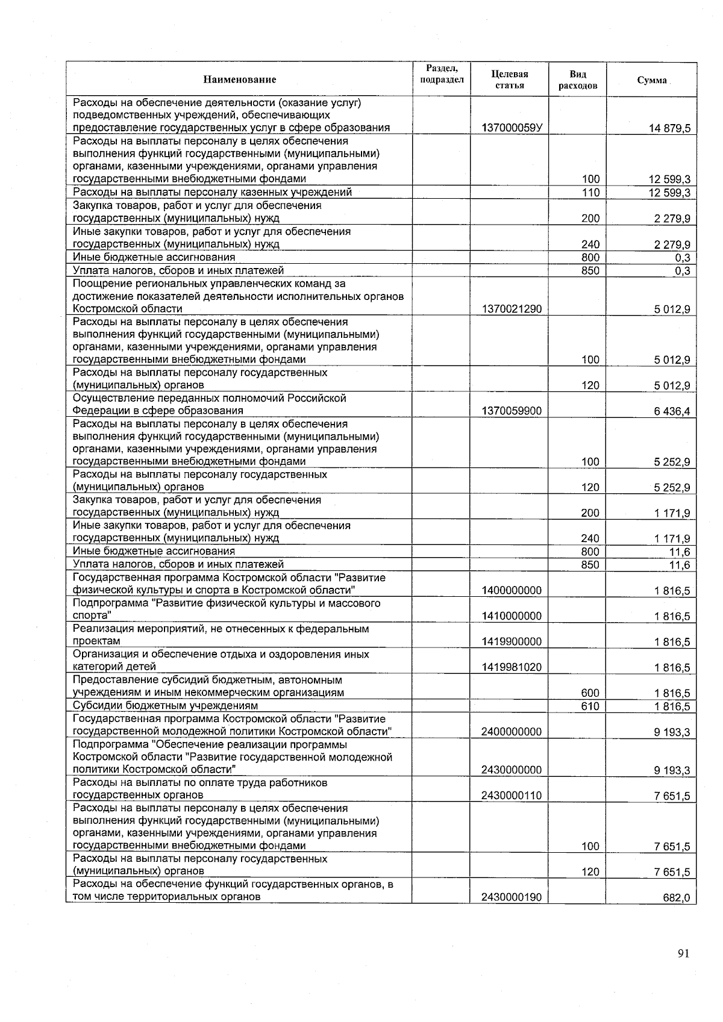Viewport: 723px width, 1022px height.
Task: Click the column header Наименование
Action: pyautogui.click(x=239, y=79)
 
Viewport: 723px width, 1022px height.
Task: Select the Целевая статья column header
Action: pyautogui.click(x=509, y=79)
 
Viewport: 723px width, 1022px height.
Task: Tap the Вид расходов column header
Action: pyautogui.click(x=577, y=79)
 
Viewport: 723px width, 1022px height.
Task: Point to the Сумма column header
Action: pyautogui.click(x=652, y=80)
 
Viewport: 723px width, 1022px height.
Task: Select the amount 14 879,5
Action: pyautogui.click(x=669, y=128)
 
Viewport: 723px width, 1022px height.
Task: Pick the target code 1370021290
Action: pyautogui.click(x=512, y=309)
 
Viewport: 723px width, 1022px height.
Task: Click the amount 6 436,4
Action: pyautogui.click(x=672, y=411)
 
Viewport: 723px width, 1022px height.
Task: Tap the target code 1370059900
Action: pyautogui.click(x=512, y=411)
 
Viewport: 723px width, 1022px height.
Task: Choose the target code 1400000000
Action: pyautogui.click(x=512, y=591)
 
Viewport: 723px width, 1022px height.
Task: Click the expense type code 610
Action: pyautogui.click(x=590, y=706)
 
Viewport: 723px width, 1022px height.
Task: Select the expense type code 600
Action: pyautogui.click(x=590, y=693)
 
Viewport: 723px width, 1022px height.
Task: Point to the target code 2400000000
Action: pyautogui.click(x=512, y=732)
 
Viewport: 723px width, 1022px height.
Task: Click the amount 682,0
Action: pyautogui.click(x=677, y=898)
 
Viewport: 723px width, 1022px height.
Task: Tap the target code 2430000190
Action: pyautogui.click(x=512, y=898)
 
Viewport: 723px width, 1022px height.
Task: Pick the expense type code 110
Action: pyautogui.click(x=590, y=193)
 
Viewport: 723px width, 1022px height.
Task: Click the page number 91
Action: pyautogui.click(x=683, y=953)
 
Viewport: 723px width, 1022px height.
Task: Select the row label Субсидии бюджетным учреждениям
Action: pyautogui.click(x=165, y=706)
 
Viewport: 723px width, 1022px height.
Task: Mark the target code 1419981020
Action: pyautogui.click(x=512, y=667)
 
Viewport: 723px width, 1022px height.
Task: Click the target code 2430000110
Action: pyautogui.click(x=512, y=796)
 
